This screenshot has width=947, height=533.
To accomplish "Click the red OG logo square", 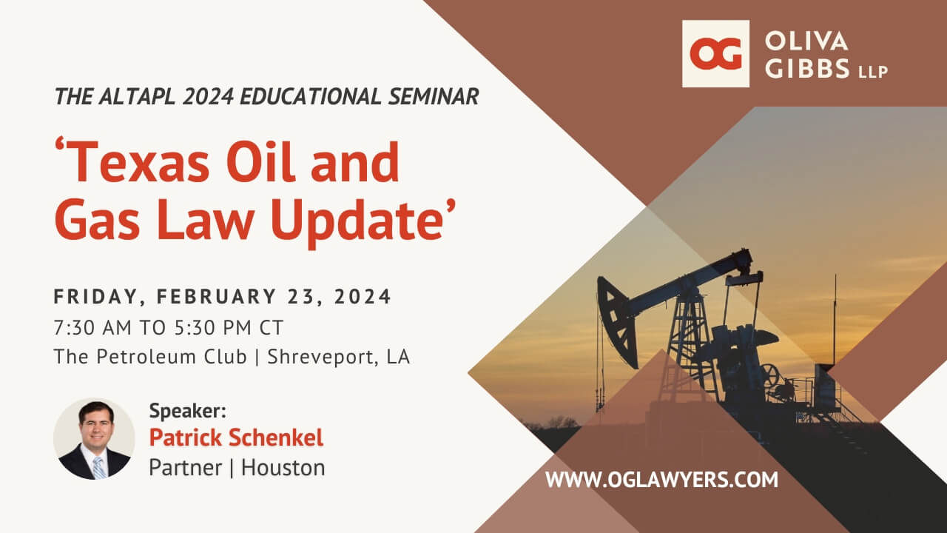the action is (x=715, y=54).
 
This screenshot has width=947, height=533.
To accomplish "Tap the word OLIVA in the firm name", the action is (x=806, y=41).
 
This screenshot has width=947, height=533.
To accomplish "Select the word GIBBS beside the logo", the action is (x=807, y=68).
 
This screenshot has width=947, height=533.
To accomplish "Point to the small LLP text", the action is (x=872, y=72).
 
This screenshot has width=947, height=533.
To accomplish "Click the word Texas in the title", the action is (x=132, y=162).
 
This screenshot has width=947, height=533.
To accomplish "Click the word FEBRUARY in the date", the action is (x=217, y=296).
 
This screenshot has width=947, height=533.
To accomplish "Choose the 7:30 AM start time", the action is (x=92, y=328).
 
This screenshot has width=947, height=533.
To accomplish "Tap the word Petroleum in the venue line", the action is (x=172, y=357).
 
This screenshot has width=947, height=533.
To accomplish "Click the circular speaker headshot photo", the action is (x=94, y=439).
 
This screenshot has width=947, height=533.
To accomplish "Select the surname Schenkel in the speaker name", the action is (x=276, y=438).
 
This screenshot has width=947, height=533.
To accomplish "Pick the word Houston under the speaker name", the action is (x=283, y=468).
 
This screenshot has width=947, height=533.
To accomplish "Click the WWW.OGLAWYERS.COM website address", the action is (x=661, y=480).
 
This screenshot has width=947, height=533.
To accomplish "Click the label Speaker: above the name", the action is (x=188, y=410).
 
